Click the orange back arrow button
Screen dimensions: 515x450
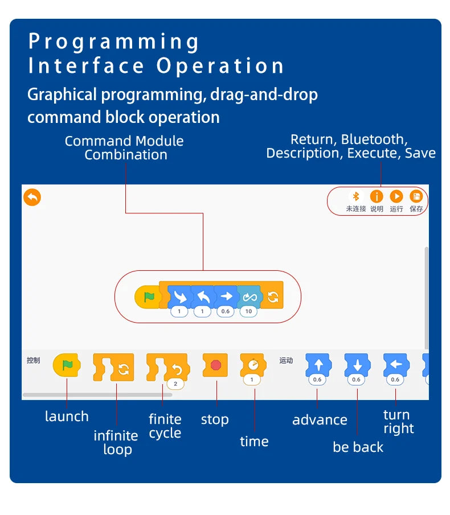(x=32, y=197)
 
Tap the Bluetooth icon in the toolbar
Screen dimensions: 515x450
(x=356, y=197)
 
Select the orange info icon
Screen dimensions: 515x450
(x=377, y=197)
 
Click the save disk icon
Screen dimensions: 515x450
(x=416, y=197)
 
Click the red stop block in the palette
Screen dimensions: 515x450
(x=215, y=365)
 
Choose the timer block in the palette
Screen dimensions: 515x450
(x=252, y=364)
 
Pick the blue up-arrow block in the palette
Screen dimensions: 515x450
(x=318, y=365)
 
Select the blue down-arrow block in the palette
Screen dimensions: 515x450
(x=357, y=365)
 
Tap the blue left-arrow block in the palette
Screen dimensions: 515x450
(x=396, y=365)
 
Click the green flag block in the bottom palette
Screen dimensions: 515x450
(x=67, y=365)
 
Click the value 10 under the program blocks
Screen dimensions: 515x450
(x=248, y=312)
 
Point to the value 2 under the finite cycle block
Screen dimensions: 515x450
(x=175, y=384)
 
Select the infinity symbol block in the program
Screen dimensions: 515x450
(x=249, y=296)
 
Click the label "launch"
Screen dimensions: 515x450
(x=67, y=417)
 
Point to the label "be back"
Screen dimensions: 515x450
(x=358, y=447)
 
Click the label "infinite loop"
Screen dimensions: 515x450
(x=116, y=443)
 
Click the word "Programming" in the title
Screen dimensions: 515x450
(x=114, y=42)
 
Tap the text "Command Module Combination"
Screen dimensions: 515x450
(x=125, y=148)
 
